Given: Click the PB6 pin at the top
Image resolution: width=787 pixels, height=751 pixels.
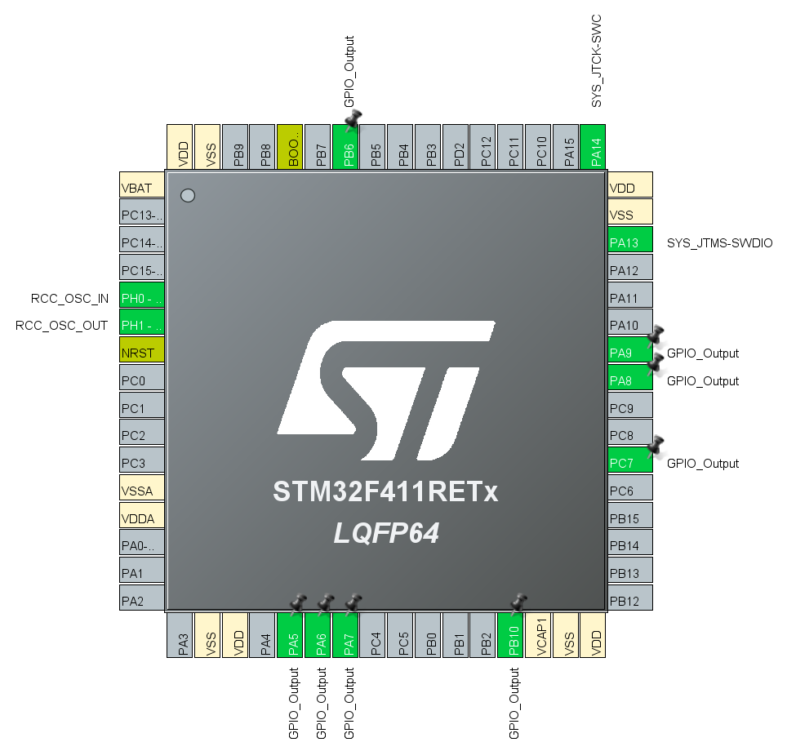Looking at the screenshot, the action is [347, 147].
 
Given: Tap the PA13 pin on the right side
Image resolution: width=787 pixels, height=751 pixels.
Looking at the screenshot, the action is [630, 242].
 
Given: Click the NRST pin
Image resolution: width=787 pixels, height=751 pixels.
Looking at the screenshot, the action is [142, 353].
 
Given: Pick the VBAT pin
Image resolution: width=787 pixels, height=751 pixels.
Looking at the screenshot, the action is [142, 187].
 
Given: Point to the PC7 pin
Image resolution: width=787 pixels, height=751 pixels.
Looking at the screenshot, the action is [630, 463].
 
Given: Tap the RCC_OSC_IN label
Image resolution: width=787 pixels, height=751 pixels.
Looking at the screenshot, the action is [69, 298].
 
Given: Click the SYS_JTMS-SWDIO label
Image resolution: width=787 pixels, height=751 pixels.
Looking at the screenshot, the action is [719, 243].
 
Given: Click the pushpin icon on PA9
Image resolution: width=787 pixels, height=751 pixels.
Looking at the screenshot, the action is [656, 336].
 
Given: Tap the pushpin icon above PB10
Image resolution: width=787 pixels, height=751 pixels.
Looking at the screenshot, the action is [518, 603].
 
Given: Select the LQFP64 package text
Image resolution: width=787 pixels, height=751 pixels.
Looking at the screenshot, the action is [386, 534].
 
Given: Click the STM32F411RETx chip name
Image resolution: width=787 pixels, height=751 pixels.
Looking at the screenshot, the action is [385, 492].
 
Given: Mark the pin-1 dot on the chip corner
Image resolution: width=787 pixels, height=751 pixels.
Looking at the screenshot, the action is [188, 196].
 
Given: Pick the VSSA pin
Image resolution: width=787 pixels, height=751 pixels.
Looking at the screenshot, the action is [142, 491].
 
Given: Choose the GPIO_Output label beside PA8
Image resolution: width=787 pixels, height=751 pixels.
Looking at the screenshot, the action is [702, 381].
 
